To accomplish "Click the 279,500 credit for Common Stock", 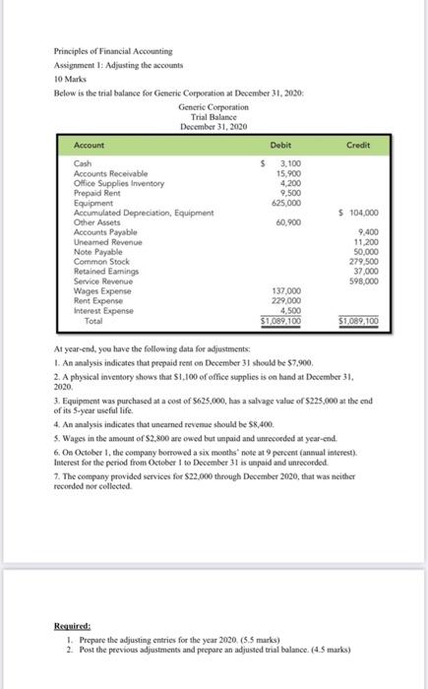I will (364, 264).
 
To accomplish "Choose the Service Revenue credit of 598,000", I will (364, 282).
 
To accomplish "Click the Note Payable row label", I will (97, 249).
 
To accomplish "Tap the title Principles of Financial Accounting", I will (113, 49).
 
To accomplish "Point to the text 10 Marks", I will (71, 76).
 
